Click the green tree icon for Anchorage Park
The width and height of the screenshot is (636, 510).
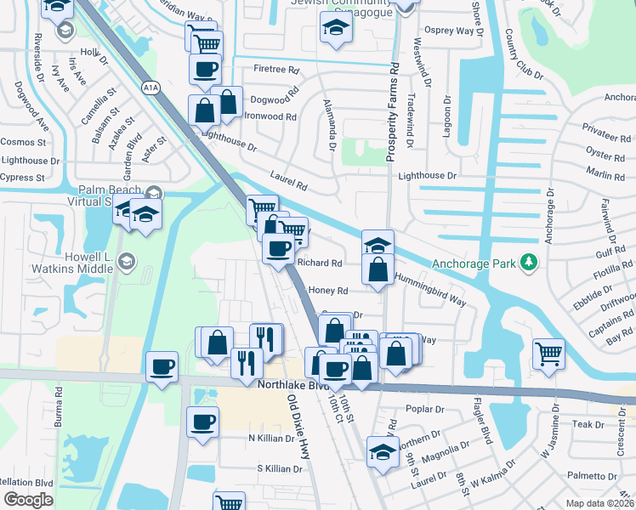(x=531, y=263)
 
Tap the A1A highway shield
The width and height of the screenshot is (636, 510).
(x=150, y=88)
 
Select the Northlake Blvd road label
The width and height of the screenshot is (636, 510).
(x=292, y=385)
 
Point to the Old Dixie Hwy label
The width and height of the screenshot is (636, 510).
(x=297, y=427)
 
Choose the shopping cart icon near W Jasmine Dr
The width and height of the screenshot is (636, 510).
(x=548, y=353)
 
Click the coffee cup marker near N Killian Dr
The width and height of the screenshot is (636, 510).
(x=203, y=422)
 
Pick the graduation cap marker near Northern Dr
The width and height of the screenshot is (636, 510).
(x=383, y=453)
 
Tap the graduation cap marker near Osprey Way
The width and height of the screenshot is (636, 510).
(x=335, y=28)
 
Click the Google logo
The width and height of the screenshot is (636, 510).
(x=28, y=500)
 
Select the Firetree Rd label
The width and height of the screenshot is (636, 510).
(x=276, y=70)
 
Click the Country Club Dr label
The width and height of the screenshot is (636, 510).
(x=523, y=54)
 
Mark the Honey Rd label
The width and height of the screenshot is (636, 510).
(x=329, y=291)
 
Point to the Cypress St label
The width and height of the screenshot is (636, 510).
(x=23, y=178)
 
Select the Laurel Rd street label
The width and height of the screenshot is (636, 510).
(x=288, y=183)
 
